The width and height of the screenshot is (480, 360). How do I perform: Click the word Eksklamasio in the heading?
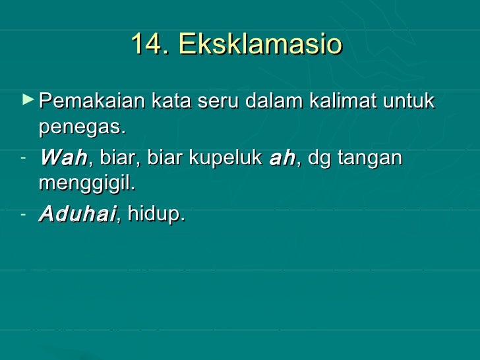pyautogui.click(x=260, y=44)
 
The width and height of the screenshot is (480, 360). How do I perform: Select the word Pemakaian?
pyautogui.click(x=92, y=102)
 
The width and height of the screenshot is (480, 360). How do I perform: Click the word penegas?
pyautogui.click(x=82, y=126)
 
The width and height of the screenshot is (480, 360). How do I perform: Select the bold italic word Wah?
pyautogui.click(x=63, y=158)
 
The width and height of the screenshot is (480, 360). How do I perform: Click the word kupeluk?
pyautogui.click(x=227, y=158)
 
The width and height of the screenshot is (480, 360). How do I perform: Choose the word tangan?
pyautogui.click(x=371, y=158)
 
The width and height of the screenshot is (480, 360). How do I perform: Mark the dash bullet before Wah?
pyautogui.click(x=23, y=156)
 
